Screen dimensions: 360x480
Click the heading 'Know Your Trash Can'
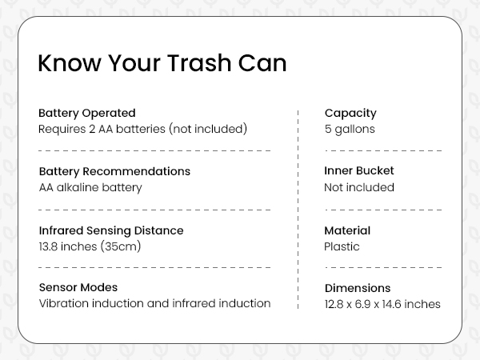(162, 64)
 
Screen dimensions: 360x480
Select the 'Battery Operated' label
(87, 113)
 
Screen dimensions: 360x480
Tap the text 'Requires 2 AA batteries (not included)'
(143, 129)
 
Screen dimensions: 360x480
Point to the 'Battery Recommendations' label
(114, 171)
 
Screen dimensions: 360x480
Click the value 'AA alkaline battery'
(90, 187)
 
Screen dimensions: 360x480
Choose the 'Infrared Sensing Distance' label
(111, 230)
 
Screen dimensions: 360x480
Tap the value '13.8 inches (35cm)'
(90, 246)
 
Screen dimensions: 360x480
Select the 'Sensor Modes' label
(78, 287)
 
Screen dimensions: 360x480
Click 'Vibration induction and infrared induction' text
(154, 303)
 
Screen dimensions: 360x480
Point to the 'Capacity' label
(350, 113)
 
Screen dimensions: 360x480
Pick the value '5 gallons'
(349, 129)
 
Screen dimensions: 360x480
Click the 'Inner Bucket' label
(359, 171)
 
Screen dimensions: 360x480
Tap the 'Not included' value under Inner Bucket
(359, 187)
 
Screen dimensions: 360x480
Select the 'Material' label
(347, 230)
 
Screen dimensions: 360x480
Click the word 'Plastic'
(342, 246)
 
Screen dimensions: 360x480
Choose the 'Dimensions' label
(358, 288)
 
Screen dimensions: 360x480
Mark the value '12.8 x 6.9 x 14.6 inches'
(382, 304)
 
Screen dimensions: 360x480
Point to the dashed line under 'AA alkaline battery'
(154, 209)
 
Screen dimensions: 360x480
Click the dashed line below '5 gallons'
(383, 150)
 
